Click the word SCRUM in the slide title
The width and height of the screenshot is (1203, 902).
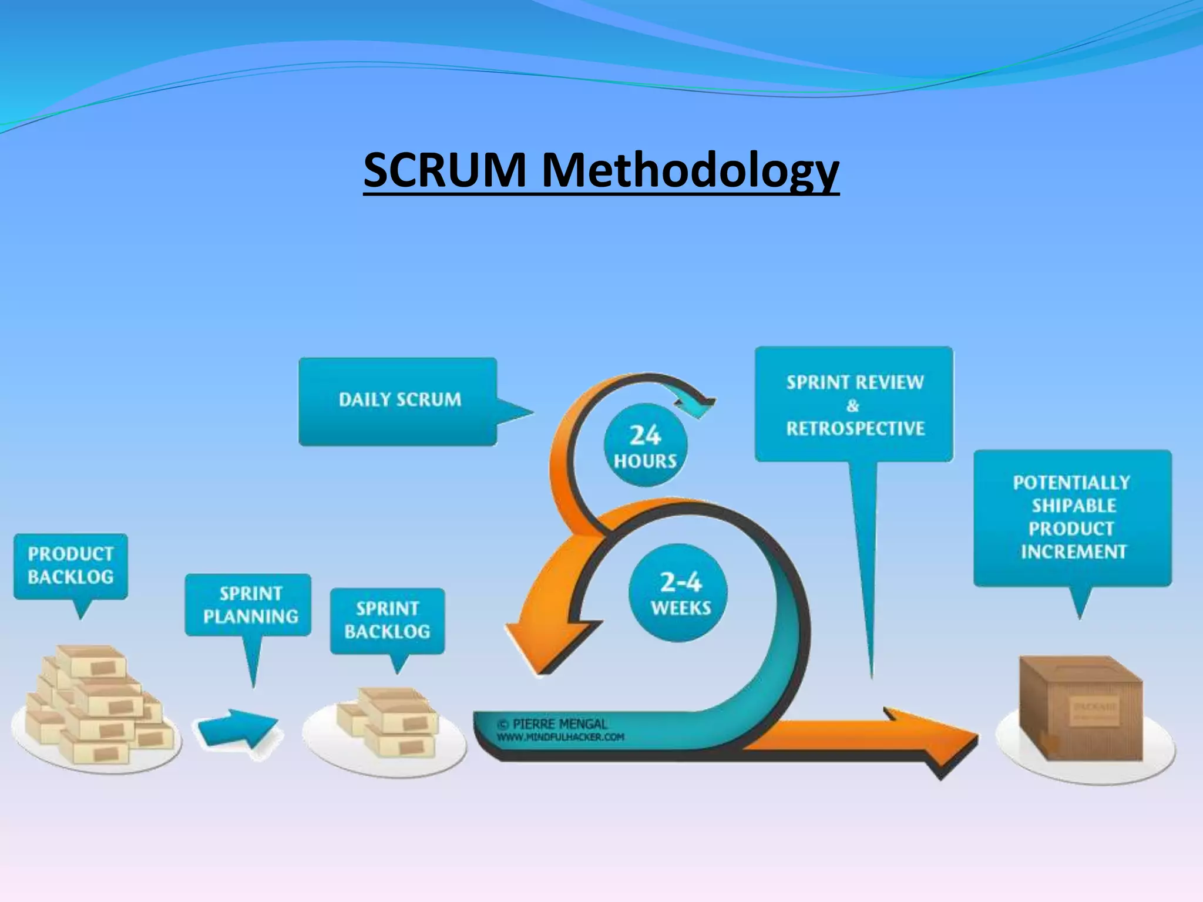point(444,170)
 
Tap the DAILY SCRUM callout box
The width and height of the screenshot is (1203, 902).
point(399,400)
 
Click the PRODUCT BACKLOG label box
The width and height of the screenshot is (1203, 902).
point(70,566)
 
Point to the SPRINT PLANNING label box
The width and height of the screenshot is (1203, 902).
point(250,605)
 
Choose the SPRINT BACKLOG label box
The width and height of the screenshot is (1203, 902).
point(387,620)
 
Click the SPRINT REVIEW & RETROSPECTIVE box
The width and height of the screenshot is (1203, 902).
point(855,405)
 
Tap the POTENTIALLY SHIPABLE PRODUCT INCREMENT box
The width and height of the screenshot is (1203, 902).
point(1072,517)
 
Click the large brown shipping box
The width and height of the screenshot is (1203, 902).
point(1081,708)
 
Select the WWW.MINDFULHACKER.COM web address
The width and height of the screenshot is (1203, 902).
point(560,738)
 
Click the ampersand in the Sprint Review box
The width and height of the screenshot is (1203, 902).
point(853,405)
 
